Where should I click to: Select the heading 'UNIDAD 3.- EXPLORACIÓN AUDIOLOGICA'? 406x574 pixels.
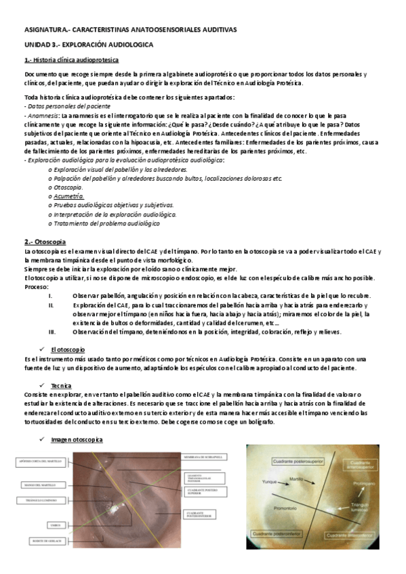pos(88,44)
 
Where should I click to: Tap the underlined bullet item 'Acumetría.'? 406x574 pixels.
pos(68,195)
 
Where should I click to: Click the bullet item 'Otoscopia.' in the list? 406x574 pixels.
pos(68,186)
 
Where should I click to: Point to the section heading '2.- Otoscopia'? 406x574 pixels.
pos(45,242)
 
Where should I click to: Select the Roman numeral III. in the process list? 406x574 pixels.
pos(52,332)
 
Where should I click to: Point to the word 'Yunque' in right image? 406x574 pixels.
pos(270,483)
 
